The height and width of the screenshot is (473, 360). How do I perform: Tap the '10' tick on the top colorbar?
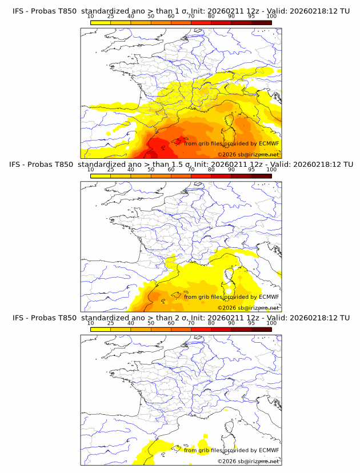tap(91, 16)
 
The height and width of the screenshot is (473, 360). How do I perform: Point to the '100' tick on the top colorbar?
tap(271, 16)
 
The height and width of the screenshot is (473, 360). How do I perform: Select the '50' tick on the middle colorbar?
tap(151, 169)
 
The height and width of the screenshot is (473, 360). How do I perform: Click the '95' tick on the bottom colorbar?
tap(251, 323)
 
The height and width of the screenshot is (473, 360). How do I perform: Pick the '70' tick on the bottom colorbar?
tap(191, 323)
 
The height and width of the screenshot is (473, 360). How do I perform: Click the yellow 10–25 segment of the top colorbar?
tap(101, 22)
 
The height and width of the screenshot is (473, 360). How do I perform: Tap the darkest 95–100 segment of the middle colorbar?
tap(261, 175)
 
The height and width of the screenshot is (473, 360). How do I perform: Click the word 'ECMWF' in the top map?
tap(269, 143)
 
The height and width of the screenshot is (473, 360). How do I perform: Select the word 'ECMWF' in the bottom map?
tap(269, 450)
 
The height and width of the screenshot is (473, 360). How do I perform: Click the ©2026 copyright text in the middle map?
tap(248, 307)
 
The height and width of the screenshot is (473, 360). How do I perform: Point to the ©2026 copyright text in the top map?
tap(248, 154)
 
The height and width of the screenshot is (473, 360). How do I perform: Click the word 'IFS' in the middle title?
tap(18, 164)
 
